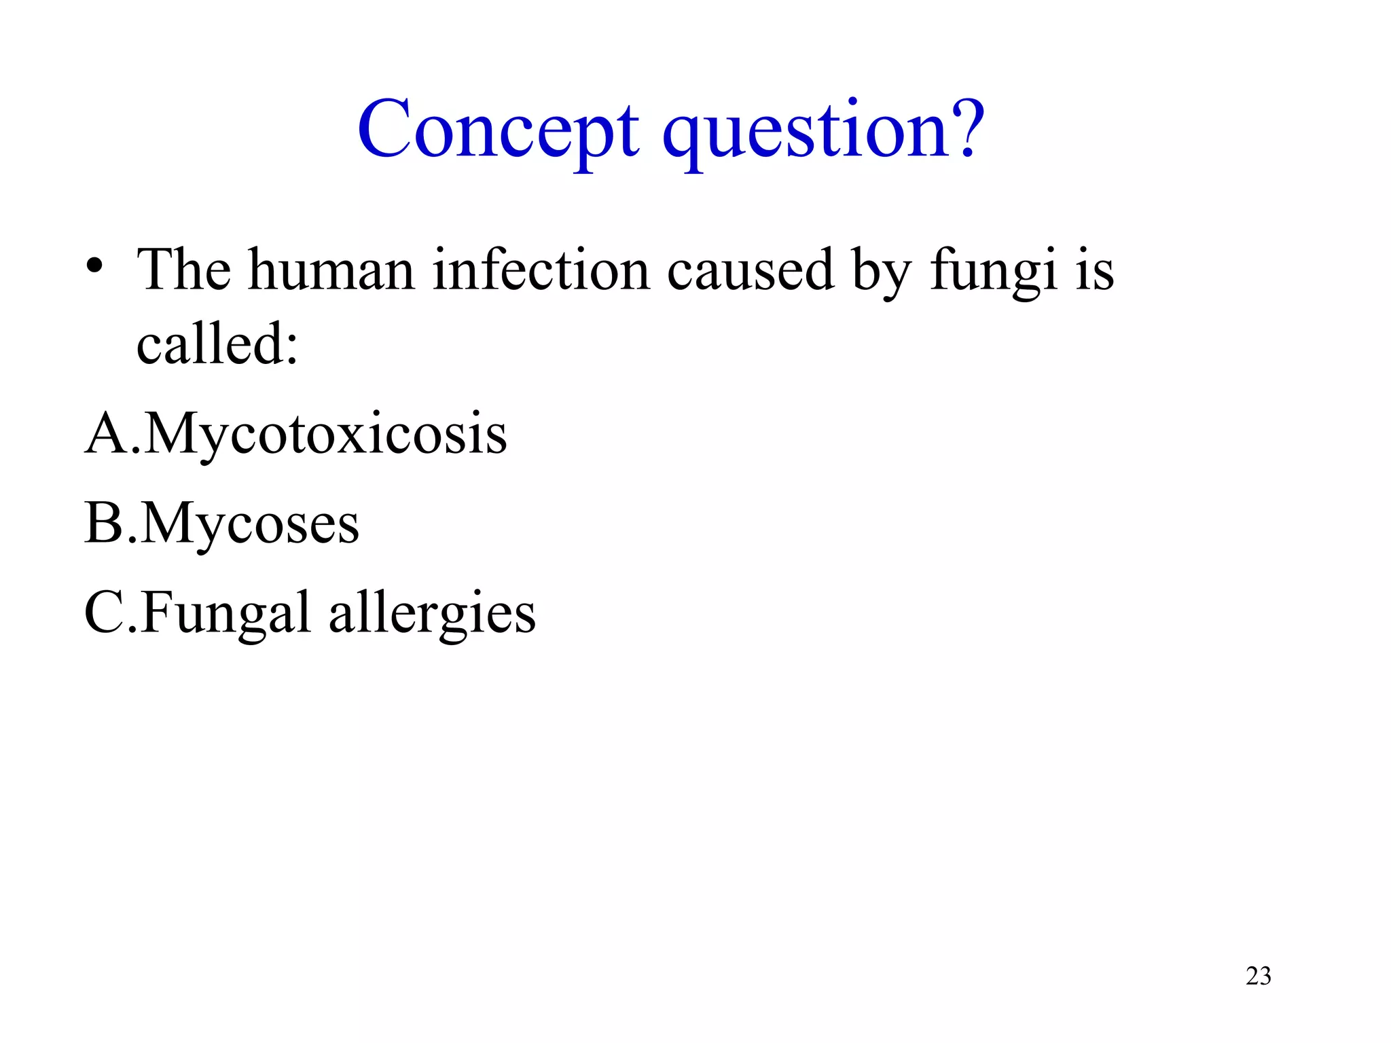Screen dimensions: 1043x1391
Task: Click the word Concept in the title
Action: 498,129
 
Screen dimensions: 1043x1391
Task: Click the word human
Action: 331,270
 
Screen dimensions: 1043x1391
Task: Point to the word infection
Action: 541,270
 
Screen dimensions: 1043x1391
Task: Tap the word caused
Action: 750,270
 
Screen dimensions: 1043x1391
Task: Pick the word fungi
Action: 993,271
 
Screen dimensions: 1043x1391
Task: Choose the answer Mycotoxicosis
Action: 325,435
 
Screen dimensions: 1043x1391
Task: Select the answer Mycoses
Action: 251,524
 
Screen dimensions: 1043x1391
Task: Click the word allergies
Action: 432,614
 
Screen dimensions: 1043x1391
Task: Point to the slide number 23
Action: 1258,976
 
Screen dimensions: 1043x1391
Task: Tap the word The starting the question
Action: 183,270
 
